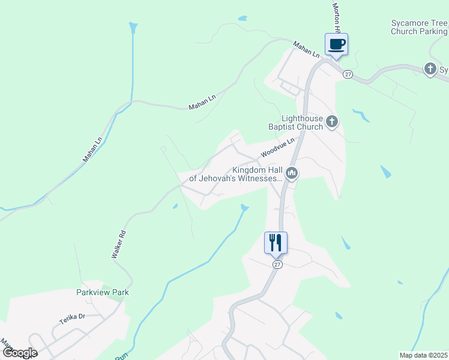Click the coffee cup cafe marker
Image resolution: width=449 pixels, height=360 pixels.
click(x=336, y=44)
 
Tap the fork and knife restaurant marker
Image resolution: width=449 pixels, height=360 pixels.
click(x=276, y=243)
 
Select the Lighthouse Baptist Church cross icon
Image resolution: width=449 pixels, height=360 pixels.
click(x=332, y=123)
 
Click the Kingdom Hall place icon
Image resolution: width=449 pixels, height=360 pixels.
click(x=292, y=173)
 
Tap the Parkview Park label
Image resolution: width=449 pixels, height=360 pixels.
click(x=103, y=293)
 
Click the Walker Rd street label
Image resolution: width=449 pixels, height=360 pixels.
click(x=118, y=245)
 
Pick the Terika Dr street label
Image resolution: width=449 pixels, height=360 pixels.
click(x=73, y=317)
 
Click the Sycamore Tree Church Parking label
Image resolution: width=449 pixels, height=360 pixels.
click(x=419, y=27)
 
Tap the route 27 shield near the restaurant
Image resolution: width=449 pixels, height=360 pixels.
click(x=277, y=265)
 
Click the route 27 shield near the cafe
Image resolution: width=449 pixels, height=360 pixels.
click(x=348, y=74)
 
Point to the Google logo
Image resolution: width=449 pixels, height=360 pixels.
click(x=19, y=353)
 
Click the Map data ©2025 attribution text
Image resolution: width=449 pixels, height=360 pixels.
click(x=423, y=355)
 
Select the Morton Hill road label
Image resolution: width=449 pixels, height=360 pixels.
click(x=337, y=17)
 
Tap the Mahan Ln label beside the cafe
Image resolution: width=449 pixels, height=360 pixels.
click(x=306, y=49)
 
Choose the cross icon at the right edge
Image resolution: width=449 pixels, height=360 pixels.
click(x=430, y=70)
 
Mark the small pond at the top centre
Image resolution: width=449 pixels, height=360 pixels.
click(x=243, y=19)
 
